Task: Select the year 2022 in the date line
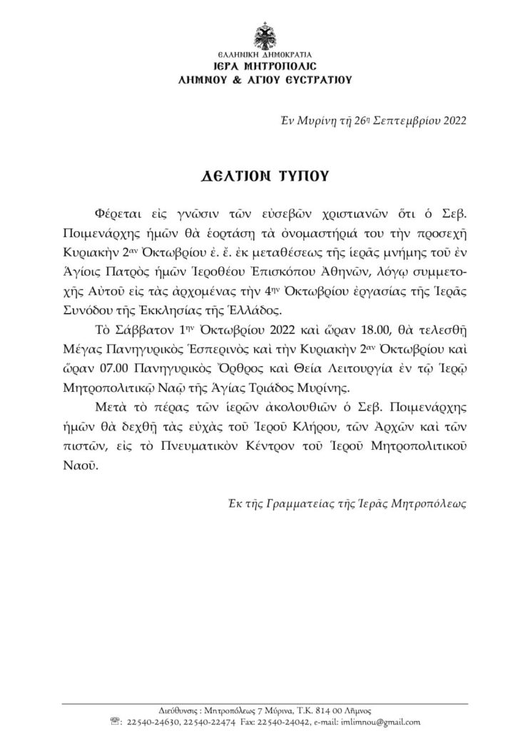(451, 120)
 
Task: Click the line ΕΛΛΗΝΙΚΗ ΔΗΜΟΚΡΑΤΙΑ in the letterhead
(264, 55)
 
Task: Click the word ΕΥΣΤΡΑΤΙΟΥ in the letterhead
(317, 80)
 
